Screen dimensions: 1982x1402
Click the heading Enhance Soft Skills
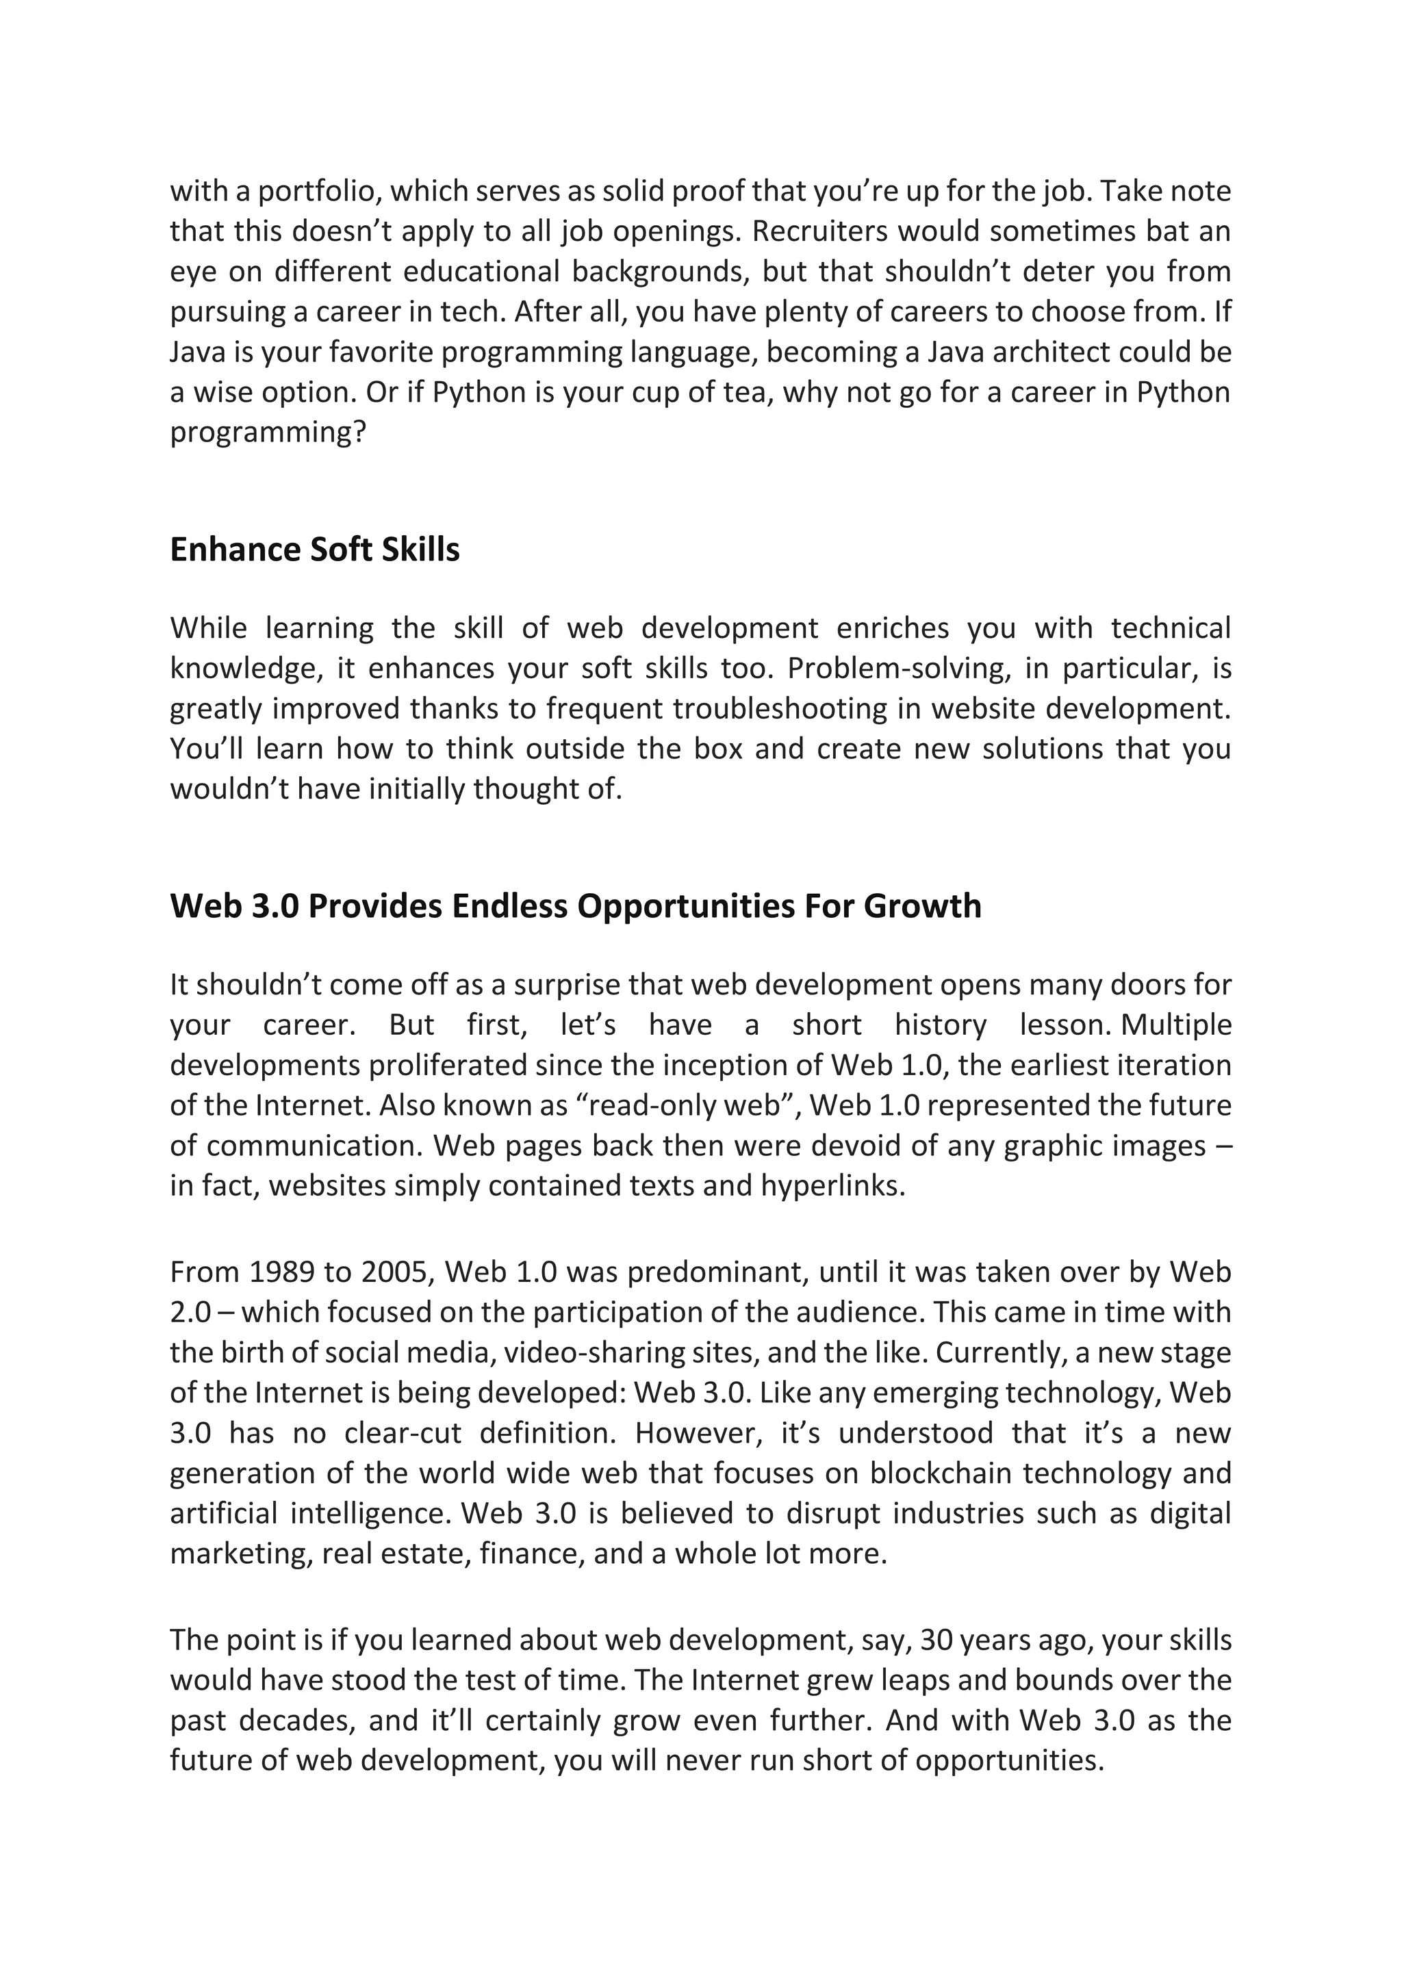[x=314, y=550]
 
